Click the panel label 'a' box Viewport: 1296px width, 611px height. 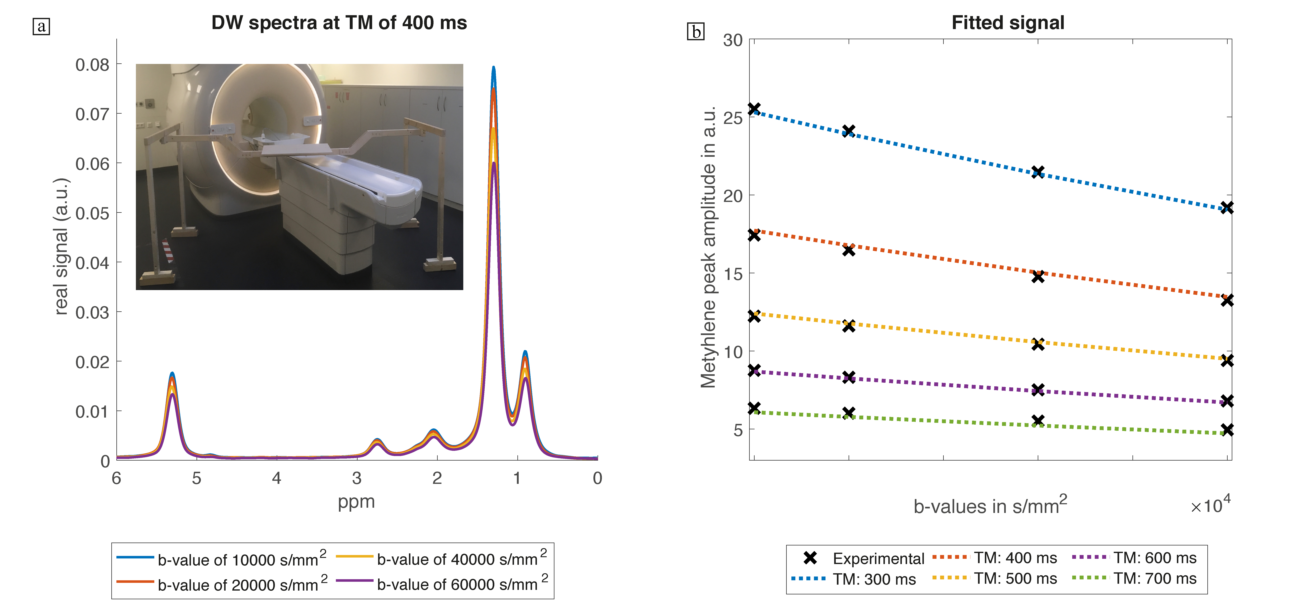(x=41, y=26)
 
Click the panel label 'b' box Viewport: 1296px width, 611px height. (x=696, y=32)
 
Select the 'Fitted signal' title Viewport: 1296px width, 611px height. (x=1008, y=23)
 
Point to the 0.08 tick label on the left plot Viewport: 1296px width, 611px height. (x=92, y=65)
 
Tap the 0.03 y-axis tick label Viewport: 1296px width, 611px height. (x=92, y=313)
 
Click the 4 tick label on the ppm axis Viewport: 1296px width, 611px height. (x=276, y=478)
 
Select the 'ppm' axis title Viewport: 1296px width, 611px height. (x=356, y=502)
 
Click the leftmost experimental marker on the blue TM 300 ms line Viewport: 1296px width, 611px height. (x=754, y=109)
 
